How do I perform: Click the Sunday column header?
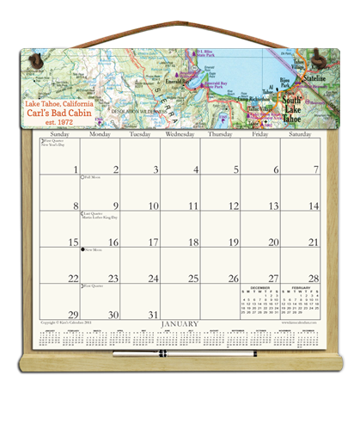[59, 135]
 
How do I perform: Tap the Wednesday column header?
[180, 135]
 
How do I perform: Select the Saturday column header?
[300, 135]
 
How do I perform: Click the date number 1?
[75, 169]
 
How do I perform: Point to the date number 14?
[314, 206]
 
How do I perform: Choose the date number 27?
[274, 279]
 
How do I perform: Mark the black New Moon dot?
[82, 250]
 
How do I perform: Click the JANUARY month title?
[180, 325]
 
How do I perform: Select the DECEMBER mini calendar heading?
[259, 288]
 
